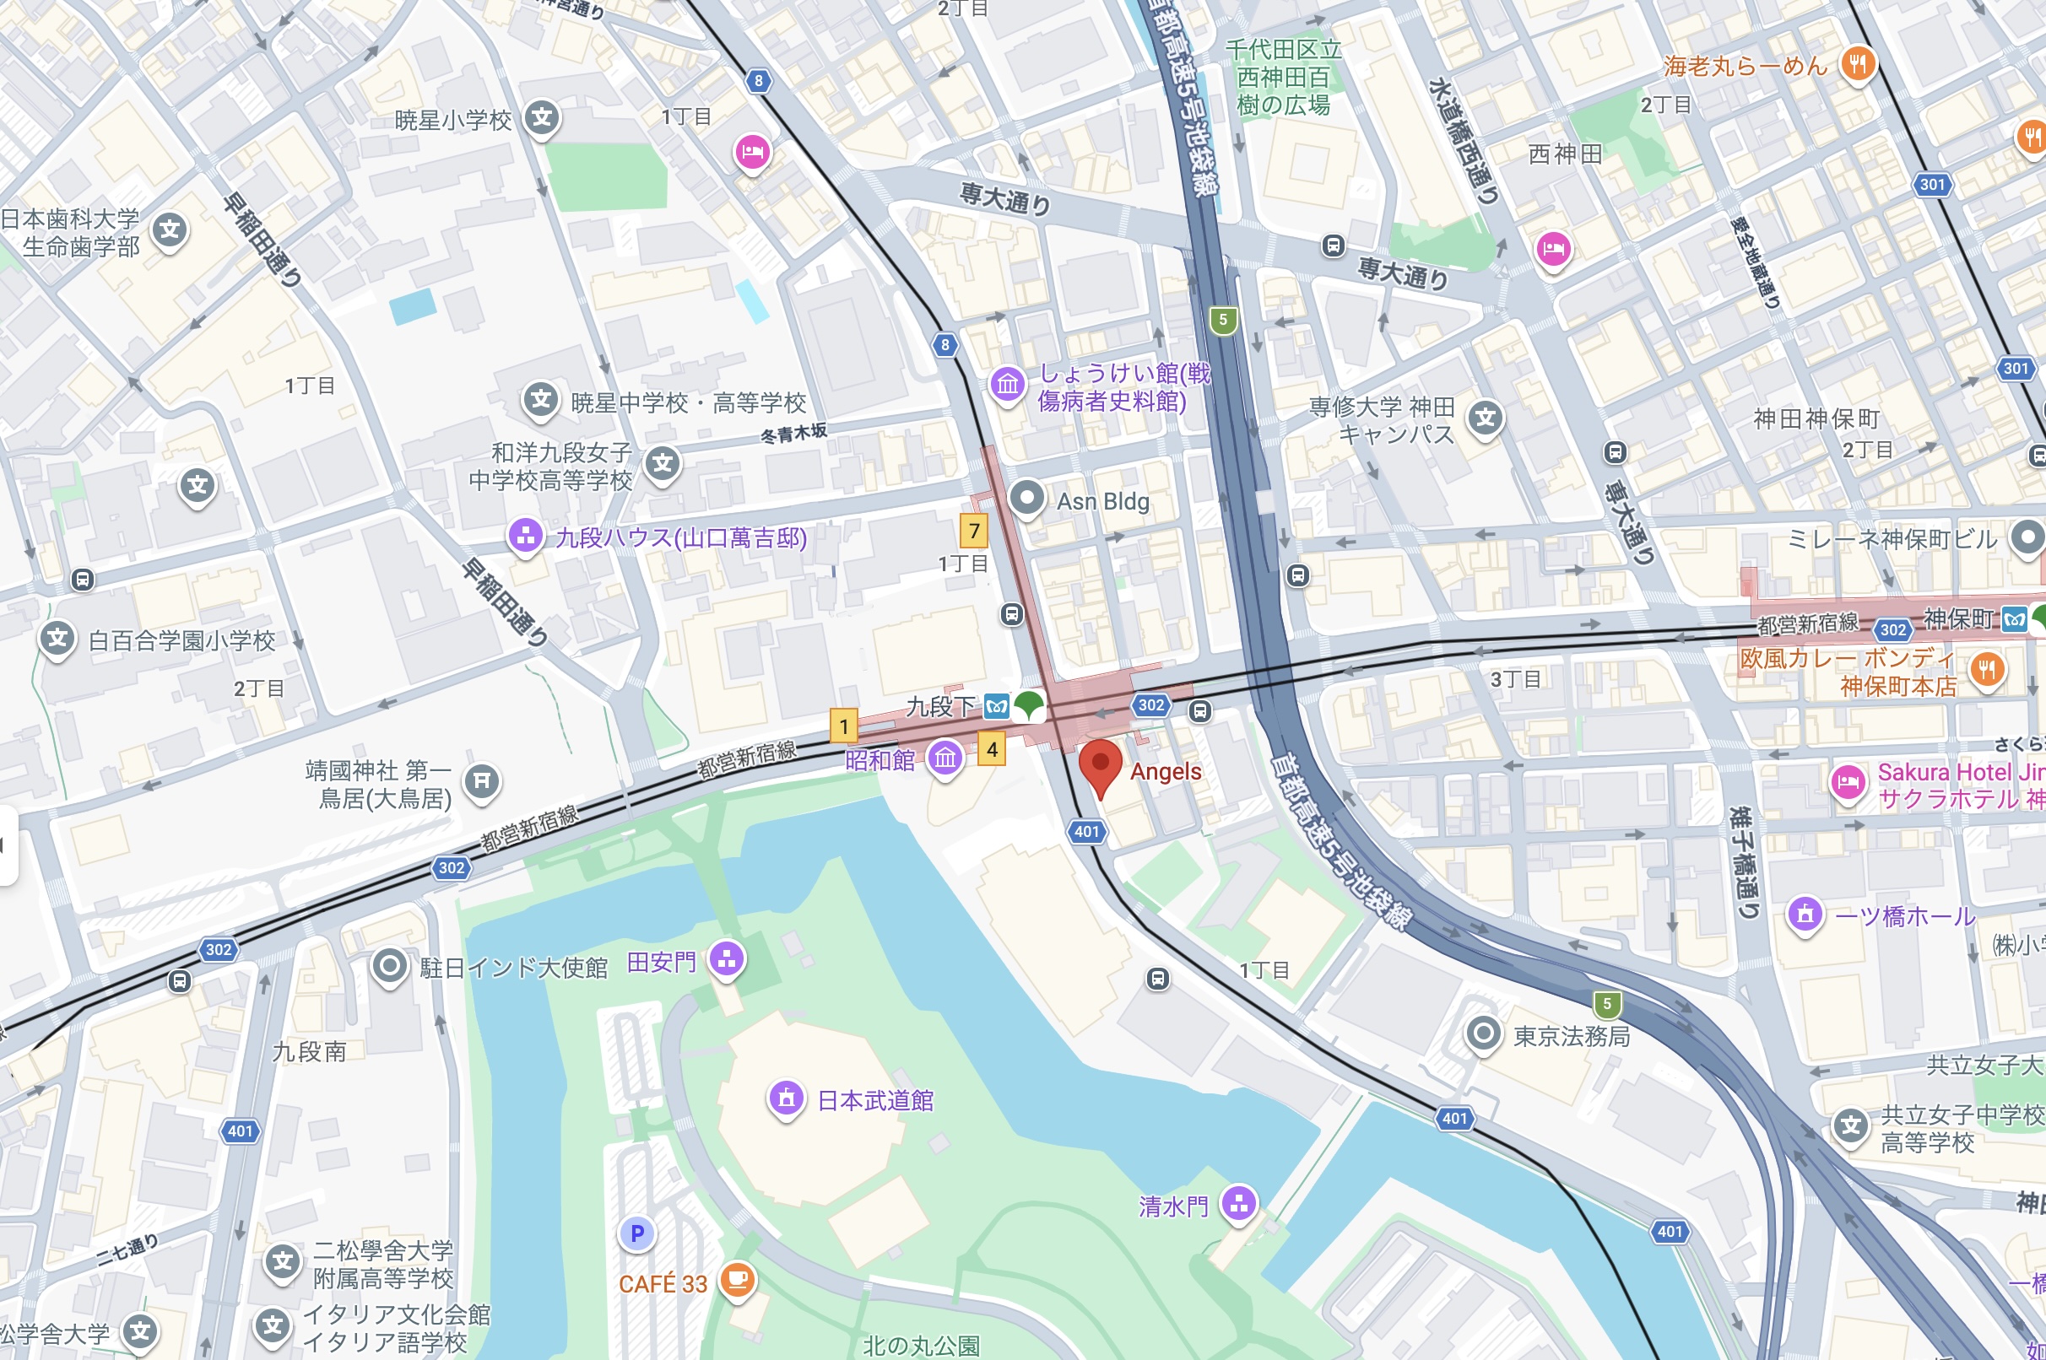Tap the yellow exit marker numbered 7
pos(973,530)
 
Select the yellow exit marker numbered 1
pos(843,726)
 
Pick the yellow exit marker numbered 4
pos(992,748)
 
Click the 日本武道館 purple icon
pos(786,1099)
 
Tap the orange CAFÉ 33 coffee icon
pos(737,1279)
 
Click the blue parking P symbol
pos(637,1233)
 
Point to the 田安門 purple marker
pos(727,959)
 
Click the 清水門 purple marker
pos(1238,1204)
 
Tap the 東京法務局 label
pos(1572,1037)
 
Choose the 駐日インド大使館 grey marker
pos(390,965)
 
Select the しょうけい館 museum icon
pos(1007,383)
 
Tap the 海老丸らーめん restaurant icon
pos(1858,63)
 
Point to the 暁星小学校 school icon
pos(542,118)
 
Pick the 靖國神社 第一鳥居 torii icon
pos(482,781)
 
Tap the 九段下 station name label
pos(940,707)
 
